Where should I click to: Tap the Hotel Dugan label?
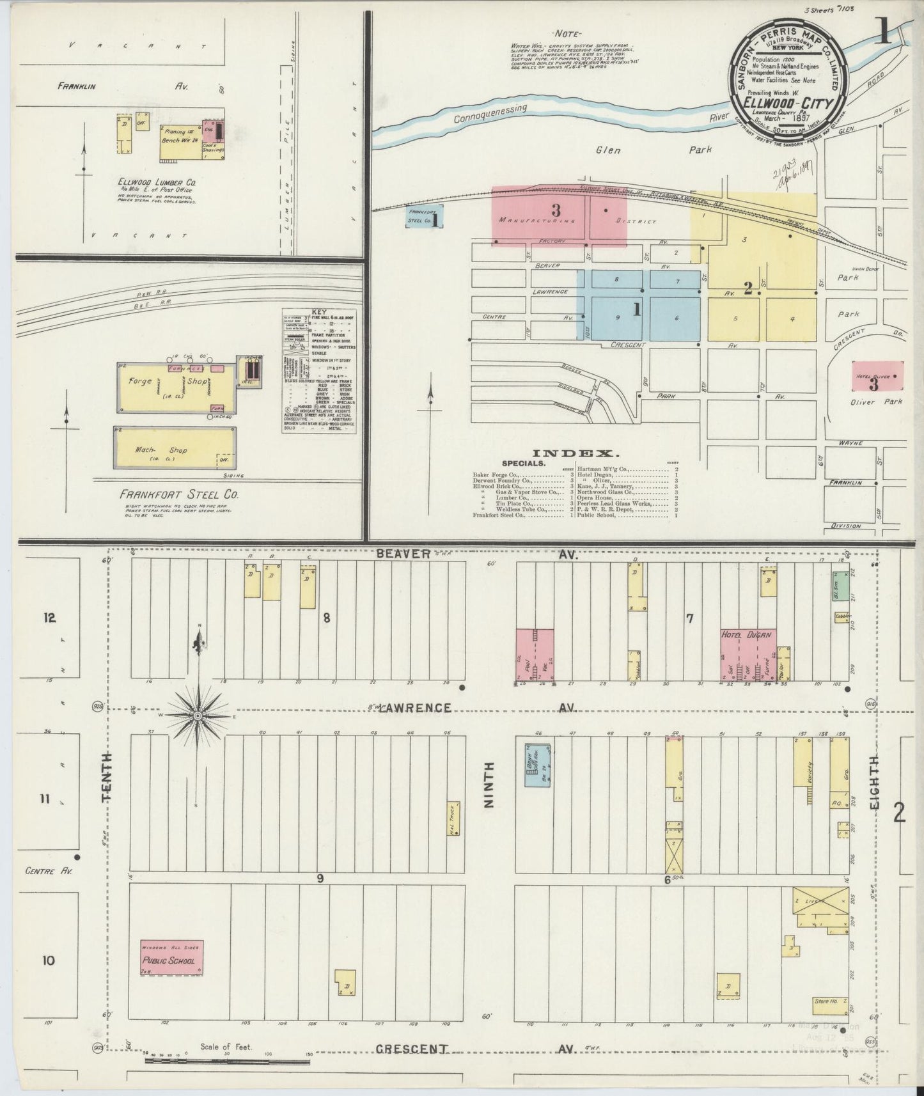coord(748,635)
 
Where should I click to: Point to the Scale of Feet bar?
coord(228,1061)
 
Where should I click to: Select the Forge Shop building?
coord(175,388)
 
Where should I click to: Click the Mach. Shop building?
coord(174,447)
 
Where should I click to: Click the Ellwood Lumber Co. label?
coord(157,182)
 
